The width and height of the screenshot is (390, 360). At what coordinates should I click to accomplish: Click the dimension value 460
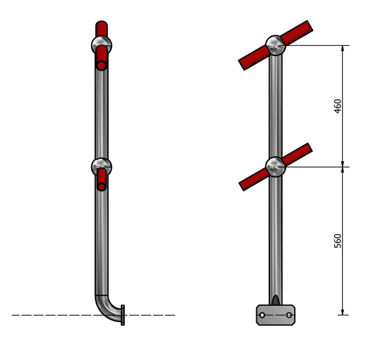coord(337,106)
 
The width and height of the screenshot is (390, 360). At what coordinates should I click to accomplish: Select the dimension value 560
coord(337,240)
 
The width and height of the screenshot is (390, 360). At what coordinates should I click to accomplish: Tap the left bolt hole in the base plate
coord(262,316)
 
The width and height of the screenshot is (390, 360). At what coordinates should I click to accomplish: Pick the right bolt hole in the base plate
coord(289,316)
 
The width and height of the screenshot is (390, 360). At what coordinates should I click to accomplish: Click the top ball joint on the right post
coord(275,45)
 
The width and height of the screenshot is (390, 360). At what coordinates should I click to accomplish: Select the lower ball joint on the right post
coord(275,166)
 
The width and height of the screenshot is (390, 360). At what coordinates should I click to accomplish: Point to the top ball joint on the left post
coord(101,45)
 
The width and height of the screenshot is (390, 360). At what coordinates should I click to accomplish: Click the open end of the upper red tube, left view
coord(101,65)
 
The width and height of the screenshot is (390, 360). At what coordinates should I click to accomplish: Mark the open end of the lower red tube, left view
coord(101,187)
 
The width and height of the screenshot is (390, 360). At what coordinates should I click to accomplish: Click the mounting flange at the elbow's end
coord(123,315)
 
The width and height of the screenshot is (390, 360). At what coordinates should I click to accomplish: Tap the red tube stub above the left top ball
coord(101,29)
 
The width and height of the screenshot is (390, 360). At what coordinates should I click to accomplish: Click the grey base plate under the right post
coord(275,315)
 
